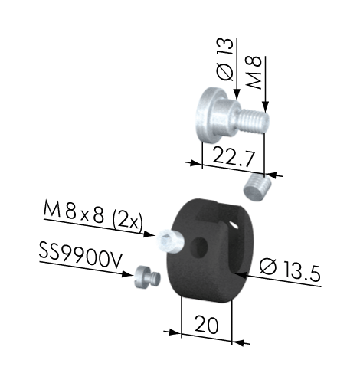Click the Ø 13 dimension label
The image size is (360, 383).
pos(225,60)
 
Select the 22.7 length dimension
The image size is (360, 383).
pos(234,155)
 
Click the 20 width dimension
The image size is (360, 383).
pos(207,324)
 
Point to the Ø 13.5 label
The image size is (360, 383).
pos(290,270)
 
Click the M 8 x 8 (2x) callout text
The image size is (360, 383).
pos(93,214)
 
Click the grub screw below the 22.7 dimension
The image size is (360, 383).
pos(257,187)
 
